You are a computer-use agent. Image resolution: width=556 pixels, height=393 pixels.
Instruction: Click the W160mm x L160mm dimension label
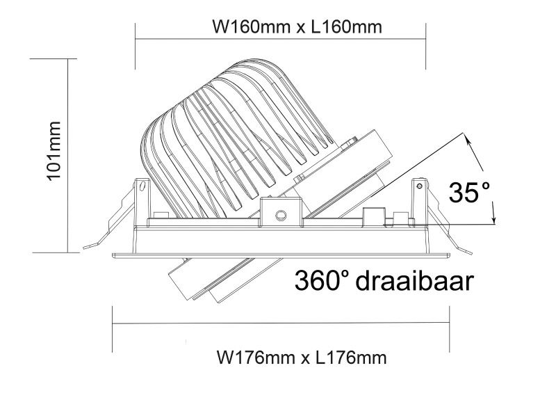click(297, 27)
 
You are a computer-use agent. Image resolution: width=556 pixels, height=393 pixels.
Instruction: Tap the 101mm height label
click(54, 151)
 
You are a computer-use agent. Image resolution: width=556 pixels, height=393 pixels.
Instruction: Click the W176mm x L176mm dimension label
click(302, 357)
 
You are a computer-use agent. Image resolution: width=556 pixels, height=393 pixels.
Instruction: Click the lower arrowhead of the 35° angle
click(494, 218)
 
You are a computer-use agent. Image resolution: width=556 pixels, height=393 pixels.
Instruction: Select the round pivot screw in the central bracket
click(281, 214)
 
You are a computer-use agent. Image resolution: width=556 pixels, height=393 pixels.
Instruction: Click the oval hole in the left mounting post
click(142, 185)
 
